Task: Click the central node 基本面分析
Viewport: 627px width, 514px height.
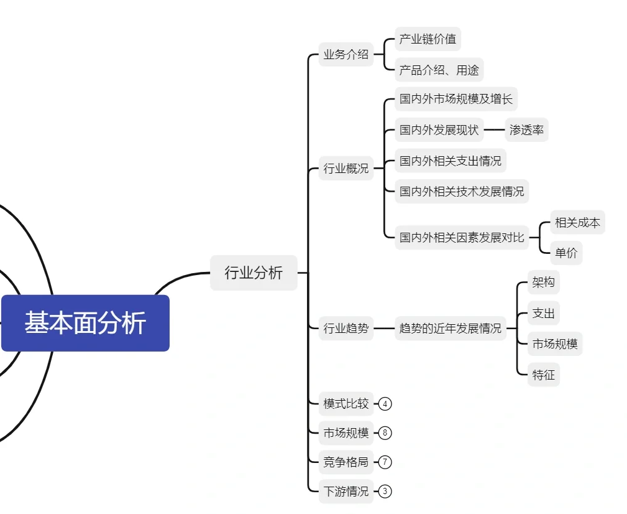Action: coord(85,323)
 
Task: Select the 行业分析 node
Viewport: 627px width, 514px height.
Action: coord(254,273)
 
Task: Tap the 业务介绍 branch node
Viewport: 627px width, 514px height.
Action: coord(346,54)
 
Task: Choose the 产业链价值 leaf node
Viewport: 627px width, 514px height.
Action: coord(428,39)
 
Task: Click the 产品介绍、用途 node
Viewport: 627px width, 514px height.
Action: coord(439,70)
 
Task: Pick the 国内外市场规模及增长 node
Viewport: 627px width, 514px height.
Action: coord(455,99)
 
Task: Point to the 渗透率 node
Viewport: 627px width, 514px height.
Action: coord(526,130)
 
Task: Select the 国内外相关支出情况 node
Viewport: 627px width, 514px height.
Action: coord(450,161)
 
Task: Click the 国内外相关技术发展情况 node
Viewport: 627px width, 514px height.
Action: coord(461,191)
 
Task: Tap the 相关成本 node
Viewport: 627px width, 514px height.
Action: coord(577,222)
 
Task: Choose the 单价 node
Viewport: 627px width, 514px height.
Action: coord(566,253)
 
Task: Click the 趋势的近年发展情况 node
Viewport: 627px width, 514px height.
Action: coord(450,329)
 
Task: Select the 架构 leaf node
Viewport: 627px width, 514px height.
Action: coord(543,283)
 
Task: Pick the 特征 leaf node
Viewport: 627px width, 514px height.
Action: coord(543,375)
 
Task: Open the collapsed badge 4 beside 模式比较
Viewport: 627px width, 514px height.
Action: coord(385,404)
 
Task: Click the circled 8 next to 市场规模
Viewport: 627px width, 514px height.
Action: coord(385,433)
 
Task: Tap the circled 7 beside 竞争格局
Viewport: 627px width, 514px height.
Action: coord(385,462)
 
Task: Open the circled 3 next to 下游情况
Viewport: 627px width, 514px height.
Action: coord(385,492)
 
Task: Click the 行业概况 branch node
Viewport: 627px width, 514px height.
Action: coord(346,169)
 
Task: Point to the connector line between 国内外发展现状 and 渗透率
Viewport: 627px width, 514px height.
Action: coord(494,130)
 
